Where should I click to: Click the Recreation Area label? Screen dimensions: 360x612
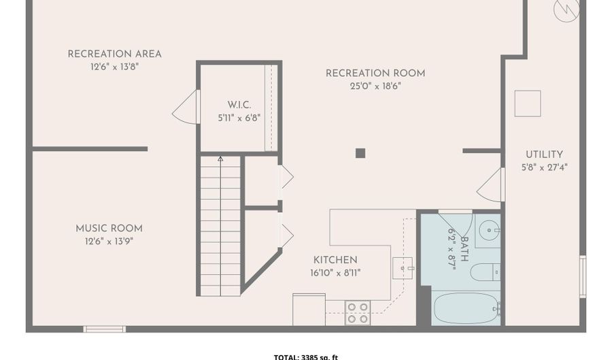[114, 54]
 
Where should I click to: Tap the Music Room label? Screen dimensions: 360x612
[109, 229]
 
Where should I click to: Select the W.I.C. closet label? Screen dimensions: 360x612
[239, 105]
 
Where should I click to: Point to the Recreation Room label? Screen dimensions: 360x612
[375, 73]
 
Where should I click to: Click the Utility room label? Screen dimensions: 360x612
[544, 154]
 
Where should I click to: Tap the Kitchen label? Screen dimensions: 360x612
[335, 260]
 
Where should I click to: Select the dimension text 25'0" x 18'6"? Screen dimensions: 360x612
[375, 86]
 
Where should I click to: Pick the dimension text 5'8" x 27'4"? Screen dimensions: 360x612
[544, 167]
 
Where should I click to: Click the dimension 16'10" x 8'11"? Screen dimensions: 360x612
[335, 273]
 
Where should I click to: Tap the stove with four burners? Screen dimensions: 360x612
[358, 312]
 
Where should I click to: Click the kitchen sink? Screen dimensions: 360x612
[403, 267]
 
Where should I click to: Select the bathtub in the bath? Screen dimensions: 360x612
[466, 308]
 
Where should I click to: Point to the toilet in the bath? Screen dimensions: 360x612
[487, 272]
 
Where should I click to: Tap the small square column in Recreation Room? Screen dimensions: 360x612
[360, 153]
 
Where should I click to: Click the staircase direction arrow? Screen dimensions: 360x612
[220, 159]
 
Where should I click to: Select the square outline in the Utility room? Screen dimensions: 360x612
[527, 103]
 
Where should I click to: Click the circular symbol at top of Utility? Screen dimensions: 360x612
[566, 8]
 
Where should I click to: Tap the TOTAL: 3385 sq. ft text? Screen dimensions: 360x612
[305, 357]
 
